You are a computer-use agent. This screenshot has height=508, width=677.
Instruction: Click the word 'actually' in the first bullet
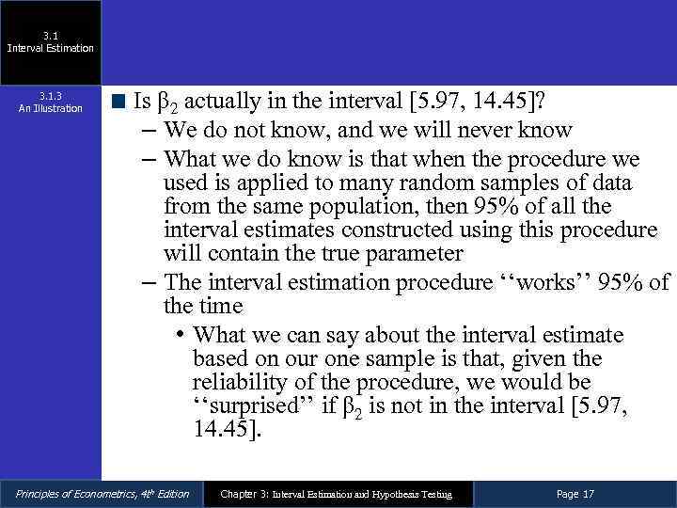pyautogui.click(x=224, y=101)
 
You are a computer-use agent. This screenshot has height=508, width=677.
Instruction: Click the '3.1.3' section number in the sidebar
pyautogui.click(x=51, y=96)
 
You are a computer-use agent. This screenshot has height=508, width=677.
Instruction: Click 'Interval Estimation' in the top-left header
pyautogui.click(x=51, y=48)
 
